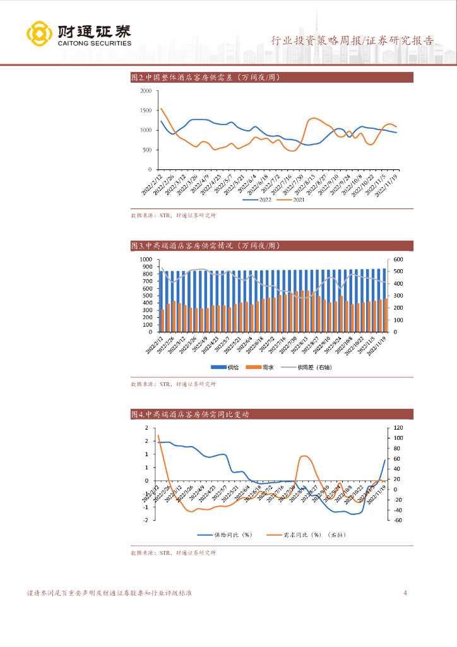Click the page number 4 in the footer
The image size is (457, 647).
tap(405, 593)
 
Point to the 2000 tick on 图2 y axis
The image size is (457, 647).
tap(145, 91)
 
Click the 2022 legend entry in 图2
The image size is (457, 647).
tap(261, 200)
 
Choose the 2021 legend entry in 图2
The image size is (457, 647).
tap(294, 200)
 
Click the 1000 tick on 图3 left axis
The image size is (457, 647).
tap(146, 260)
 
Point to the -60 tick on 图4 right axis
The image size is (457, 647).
tap(397, 521)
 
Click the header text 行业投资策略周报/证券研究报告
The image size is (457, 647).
tap(352, 41)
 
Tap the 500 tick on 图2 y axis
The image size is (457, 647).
tap(147, 150)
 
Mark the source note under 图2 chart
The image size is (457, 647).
tap(173, 215)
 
